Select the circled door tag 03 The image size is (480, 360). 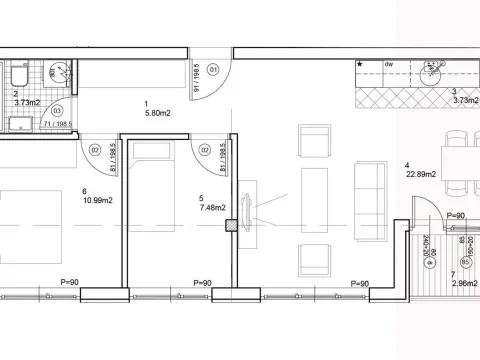pyautogui.click(x=58, y=110)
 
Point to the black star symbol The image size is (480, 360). pyautogui.click(x=361, y=65)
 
